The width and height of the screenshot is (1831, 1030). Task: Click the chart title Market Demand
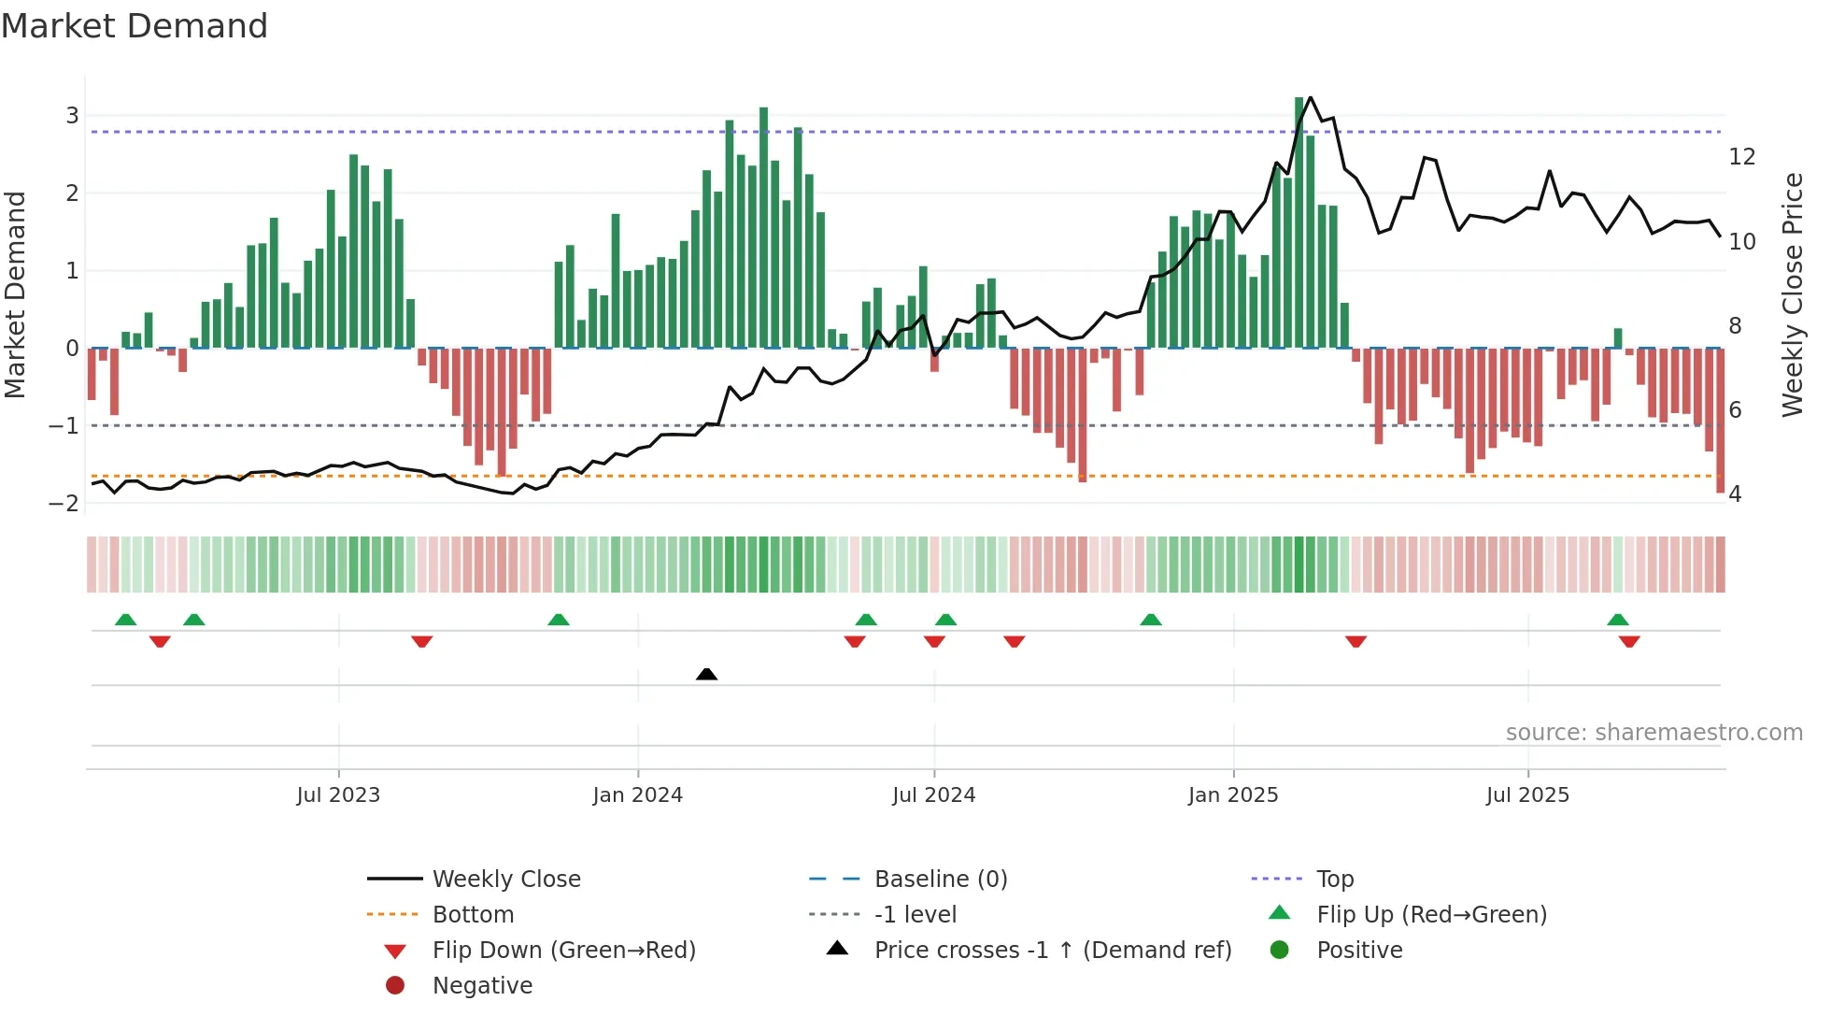point(135,26)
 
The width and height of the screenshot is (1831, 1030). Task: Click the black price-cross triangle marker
point(706,674)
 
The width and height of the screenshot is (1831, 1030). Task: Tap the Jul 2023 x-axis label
point(338,794)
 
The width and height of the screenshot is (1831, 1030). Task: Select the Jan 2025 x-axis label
point(1233,794)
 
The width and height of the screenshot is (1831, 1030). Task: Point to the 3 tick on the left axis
point(72,116)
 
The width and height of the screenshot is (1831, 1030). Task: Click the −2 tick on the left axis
point(64,504)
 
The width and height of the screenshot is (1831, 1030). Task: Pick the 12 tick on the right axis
point(1741,157)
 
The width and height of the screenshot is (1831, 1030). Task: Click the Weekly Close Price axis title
point(1792,294)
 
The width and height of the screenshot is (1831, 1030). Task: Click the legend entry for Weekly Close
point(505,879)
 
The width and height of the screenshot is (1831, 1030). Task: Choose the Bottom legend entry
point(473,914)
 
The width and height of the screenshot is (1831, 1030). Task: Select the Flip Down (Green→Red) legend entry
point(563,950)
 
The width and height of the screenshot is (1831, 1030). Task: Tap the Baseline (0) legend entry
point(940,879)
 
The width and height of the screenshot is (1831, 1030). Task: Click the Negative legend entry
point(482,985)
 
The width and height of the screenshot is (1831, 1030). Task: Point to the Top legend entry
point(1335,879)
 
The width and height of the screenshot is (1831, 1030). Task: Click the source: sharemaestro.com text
point(1654,733)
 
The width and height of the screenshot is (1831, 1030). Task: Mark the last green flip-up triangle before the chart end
point(1618,620)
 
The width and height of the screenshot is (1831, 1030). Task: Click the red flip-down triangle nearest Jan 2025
point(1356,641)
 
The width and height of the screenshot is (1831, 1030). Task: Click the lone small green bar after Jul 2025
point(1618,338)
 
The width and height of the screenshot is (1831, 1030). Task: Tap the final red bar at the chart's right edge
point(1720,421)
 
